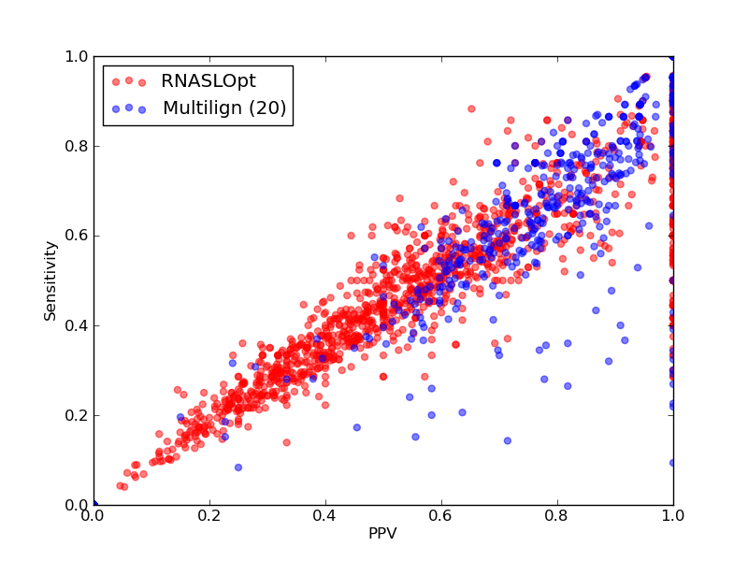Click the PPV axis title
pyautogui.click(x=382, y=533)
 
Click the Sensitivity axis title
pyautogui.click(x=50, y=281)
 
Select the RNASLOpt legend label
pyautogui.click(x=209, y=81)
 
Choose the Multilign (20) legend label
pyautogui.click(x=224, y=108)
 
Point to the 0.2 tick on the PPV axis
pyautogui.click(x=209, y=516)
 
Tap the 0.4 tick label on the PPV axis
pyautogui.click(x=325, y=516)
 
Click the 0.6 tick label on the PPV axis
pyautogui.click(x=441, y=516)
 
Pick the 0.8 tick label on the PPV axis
pyautogui.click(x=557, y=516)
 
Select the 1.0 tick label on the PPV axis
pyautogui.click(x=673, y=516)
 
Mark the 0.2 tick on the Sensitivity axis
pyautogui.click(x=77, y=415)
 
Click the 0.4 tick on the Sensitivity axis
pyautogui.click(x=77, y=325)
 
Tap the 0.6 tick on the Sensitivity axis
pyautogui.click(x=77, y=237)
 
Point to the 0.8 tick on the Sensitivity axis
pyautogui.click(x=77, y=146)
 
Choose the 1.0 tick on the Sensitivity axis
pyautogui.click(x=77, y=56)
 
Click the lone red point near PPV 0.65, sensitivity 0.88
pyautogui.click(x=471, y=108)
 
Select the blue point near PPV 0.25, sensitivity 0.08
pyautogui.click(x=238, y=467)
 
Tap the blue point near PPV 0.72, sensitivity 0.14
pyautogui.click(x=508, y=440)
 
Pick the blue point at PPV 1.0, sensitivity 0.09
pyautogui.click(x=672, y=463)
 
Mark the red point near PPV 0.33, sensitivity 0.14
pyautogui.click(x=287, y=442)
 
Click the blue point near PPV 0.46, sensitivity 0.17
pyautogui.click(x=357, y=427)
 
